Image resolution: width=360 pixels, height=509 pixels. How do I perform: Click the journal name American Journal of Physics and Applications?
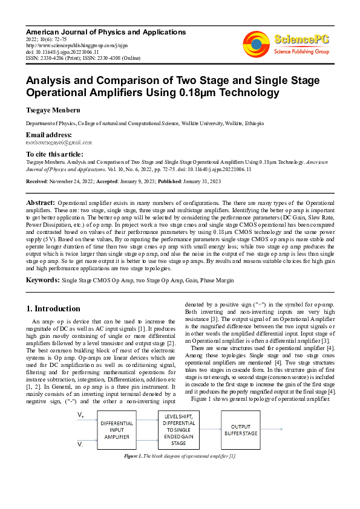click(105, 31)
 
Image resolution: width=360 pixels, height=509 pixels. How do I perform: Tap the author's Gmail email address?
click(59, 143)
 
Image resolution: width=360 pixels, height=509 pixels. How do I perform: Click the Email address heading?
click(48, 134)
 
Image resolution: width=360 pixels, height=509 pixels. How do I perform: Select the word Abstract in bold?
click(41, 202)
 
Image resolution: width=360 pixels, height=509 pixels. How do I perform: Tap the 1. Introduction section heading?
click(54, 308)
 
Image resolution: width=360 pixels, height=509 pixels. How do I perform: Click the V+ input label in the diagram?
click(80, 415)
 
